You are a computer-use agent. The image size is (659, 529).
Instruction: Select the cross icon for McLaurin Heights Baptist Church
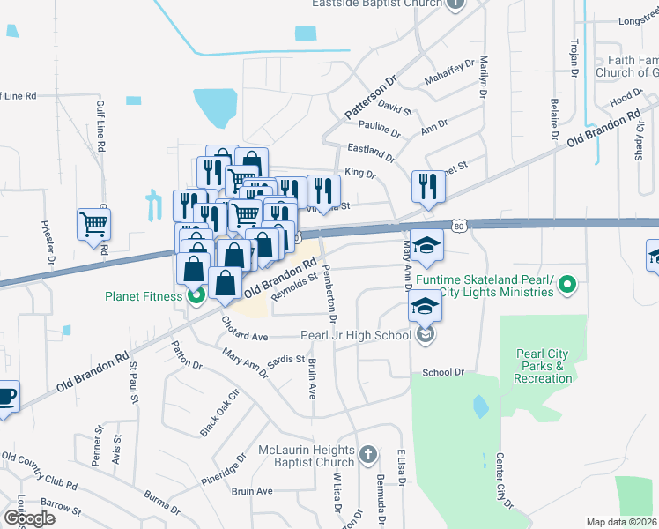pyautogui.click(x=367, y=456)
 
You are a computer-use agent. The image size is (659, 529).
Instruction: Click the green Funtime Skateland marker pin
pyautogui.click(x=568, y=284)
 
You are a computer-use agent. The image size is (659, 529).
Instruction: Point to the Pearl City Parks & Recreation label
pyautogui.click(x=544, y=366)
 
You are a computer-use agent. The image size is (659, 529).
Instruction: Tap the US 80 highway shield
pyautogui.click(x=460, y=227)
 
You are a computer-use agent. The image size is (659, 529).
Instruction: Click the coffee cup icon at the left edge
pyautogui.click(x=5, y=397)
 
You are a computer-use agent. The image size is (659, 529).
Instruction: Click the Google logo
pyautogui.click(x=29, y=518)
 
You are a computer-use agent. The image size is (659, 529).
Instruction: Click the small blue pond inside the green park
pyautogui.click(x=480, y=406)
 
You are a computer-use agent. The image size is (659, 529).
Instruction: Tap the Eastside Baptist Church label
pyautogui.click(x=377, y=4)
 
